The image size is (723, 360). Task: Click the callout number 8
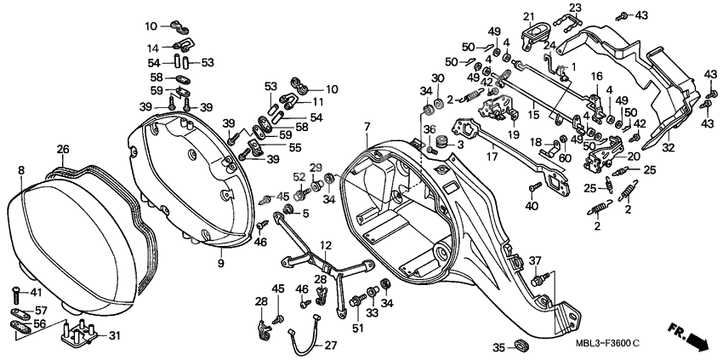[20, 169]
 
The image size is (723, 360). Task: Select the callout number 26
[63, 149]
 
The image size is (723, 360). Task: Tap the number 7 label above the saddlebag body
[367, 127]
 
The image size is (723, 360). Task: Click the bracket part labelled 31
[81, 333]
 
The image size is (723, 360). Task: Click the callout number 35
[498, 346]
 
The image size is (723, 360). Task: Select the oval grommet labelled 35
[522, 346]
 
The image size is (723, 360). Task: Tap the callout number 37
[535, 260]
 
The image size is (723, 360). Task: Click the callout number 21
[527, 15]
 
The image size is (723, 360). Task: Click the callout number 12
[325, 245]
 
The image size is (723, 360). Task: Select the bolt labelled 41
[17, 294]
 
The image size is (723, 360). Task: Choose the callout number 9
[221, 265]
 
